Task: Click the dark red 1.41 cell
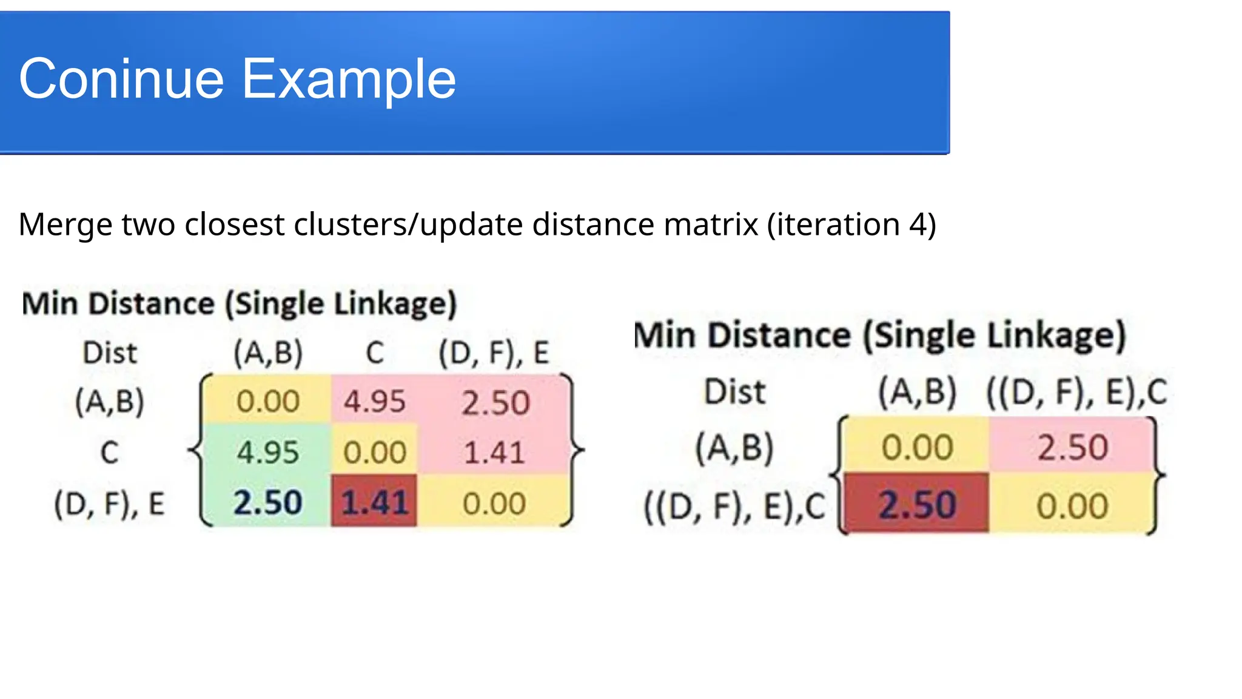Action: coord(374,502)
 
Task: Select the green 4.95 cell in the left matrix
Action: coord(267,452)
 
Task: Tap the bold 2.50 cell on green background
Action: coord(267,502)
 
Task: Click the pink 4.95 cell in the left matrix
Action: coord(374,401)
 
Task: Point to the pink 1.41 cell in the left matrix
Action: coord(494,452)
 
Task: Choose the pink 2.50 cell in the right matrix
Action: coord(1072,448)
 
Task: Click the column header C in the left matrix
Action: coord(375,353)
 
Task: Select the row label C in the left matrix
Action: coord(109,452)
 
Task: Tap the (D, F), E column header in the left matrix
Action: coord(494,353)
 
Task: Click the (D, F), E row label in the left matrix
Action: coord(109,504)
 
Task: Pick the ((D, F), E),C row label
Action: coord(734,506)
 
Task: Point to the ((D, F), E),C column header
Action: coord(1076,392)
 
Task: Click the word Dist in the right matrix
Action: coord(735,391)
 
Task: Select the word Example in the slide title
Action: coord(349,79)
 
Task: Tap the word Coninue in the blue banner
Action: coord(121,79)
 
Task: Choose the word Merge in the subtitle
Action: coord(65,225)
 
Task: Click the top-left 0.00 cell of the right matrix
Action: coord(917,448)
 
